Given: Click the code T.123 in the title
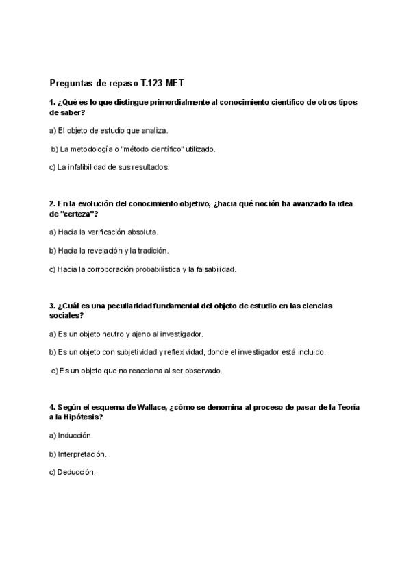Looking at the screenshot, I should coord(155,83).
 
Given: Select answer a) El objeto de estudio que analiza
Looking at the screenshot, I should coord(108,130).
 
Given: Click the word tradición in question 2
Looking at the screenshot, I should coord(151,251).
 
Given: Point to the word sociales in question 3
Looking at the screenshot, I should coord(65,316).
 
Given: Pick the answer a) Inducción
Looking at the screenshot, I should coord(71,436).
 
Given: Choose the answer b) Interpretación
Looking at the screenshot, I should coord(78,454).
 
